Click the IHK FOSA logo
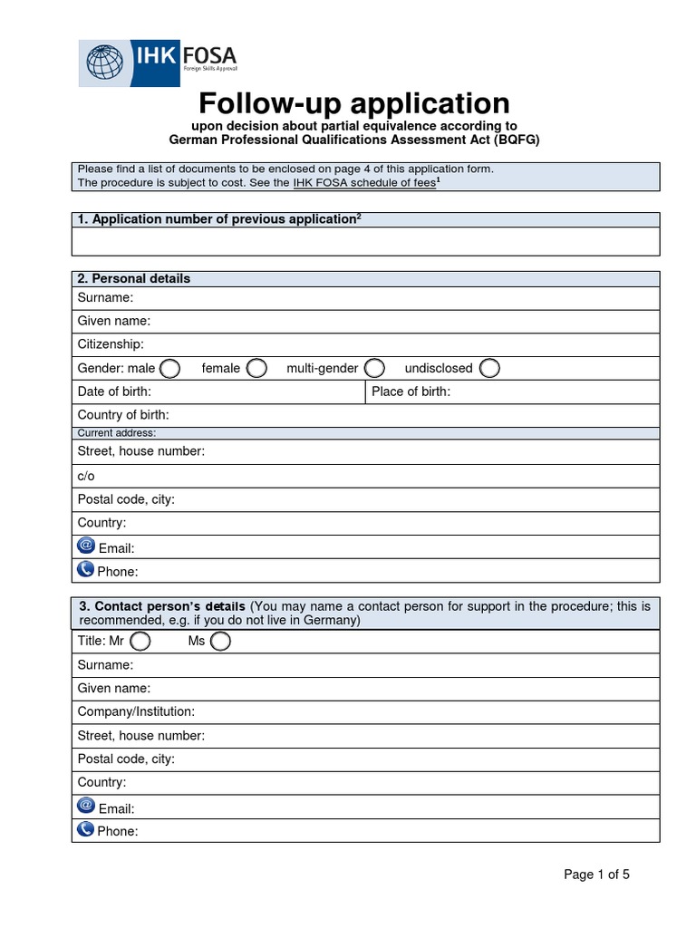pos(158,63)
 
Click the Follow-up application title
pos(354,102)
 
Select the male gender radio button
pos(169,368)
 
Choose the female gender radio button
pos(257,368)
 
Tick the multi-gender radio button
pos(375,368)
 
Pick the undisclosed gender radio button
pos(489,368)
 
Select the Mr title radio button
pos(140,642)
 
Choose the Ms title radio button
pos(220,642)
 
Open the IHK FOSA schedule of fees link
pos(363,182)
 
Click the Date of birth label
pos(114,391)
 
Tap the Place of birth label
pos(411,391)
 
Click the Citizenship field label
pos(111,344)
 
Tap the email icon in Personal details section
pos(86,546)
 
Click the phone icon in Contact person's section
pos(86,828)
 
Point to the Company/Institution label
pos(136,712)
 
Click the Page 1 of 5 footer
pos(596,875)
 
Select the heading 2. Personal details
pos(134,278)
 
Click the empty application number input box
pos(365,242)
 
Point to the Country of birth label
pos(123,415)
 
